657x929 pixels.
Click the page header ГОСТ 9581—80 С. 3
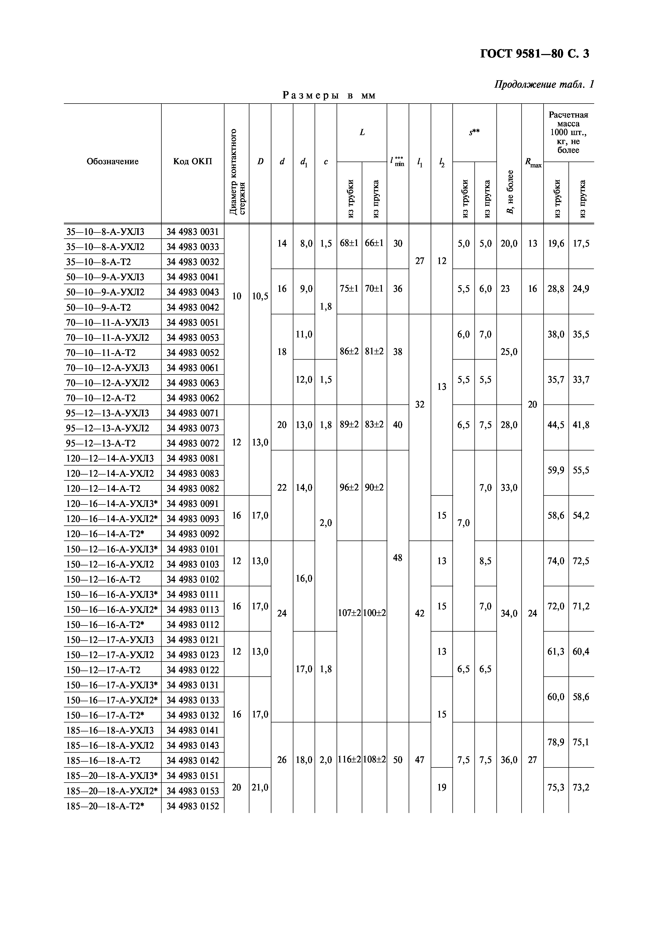click(534, 53)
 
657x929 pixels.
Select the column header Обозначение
click(113, 162)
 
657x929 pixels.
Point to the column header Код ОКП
click(193, 162)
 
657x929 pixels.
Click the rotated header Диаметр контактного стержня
click(237, 172)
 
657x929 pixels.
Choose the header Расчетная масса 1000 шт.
click(568, 132)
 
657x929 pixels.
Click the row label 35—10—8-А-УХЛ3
click(105, 232)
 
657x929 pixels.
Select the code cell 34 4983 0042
click(193, 307)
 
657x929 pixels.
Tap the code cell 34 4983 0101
click(193, 549)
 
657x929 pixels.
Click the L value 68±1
click(349, 243)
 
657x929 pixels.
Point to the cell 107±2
click(349, 613)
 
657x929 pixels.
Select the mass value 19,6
click(556, 243)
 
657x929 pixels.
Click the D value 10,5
click(260, 296)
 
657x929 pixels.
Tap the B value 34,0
click(509, 613)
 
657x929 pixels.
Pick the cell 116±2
click(349, 760)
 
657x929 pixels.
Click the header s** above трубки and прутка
click(474, 132)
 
